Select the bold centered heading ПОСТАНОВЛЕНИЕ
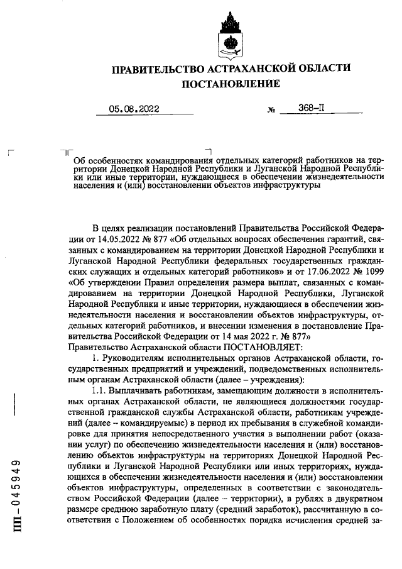click(230, 84)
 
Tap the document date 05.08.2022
click(134, 109)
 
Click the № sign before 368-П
click(271, 109)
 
